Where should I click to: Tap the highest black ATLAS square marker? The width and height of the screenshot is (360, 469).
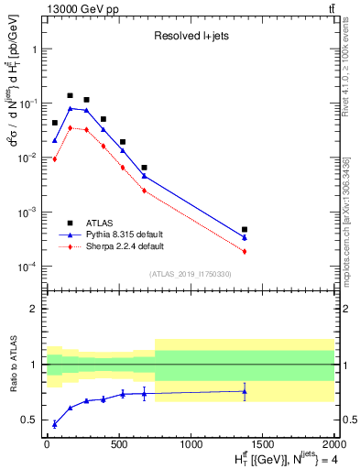point(70,95)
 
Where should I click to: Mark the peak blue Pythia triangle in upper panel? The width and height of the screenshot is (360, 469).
point(70,108)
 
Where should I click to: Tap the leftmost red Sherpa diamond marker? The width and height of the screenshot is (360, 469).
point(55,159)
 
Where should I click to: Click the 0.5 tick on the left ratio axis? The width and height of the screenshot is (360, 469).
point(29,420)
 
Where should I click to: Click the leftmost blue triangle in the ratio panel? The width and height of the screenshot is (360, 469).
point(55,424)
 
